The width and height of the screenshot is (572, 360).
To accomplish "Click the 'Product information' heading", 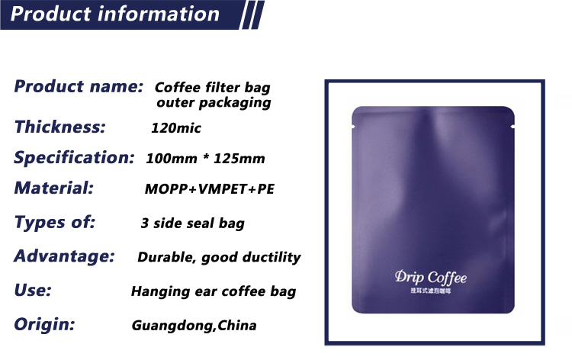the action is coord(115,14).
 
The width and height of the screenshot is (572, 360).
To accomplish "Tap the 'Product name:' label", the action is coord(79,86).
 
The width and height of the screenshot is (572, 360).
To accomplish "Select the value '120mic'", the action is coord(176,128).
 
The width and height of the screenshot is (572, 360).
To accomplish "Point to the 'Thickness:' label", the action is coord(59,127).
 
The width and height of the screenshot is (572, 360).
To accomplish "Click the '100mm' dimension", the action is coord(172,159).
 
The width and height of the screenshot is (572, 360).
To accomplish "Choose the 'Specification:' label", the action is coord(75,158).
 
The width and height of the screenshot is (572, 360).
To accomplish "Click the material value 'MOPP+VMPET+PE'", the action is coord(210,189).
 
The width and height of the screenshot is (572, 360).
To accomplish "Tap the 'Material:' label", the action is coord(54,188).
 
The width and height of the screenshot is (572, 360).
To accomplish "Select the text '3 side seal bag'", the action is coord(193,223).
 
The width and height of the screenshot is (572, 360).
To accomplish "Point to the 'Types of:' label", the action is coord(55,222).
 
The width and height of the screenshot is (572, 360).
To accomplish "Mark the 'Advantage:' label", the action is coord(64,256).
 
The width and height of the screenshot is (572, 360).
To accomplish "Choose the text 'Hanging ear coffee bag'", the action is coord(214,292).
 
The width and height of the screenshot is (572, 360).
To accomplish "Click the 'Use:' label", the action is coord(33,291).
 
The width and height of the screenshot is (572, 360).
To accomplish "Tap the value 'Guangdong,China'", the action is coord(194,326).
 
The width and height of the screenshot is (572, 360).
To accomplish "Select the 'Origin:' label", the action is coord(44,324).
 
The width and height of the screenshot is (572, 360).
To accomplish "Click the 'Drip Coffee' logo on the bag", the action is coord(431,278).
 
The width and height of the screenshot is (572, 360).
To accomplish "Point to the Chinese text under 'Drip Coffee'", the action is coord(431,291).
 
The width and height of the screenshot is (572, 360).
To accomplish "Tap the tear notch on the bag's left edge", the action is coord(353,127).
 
